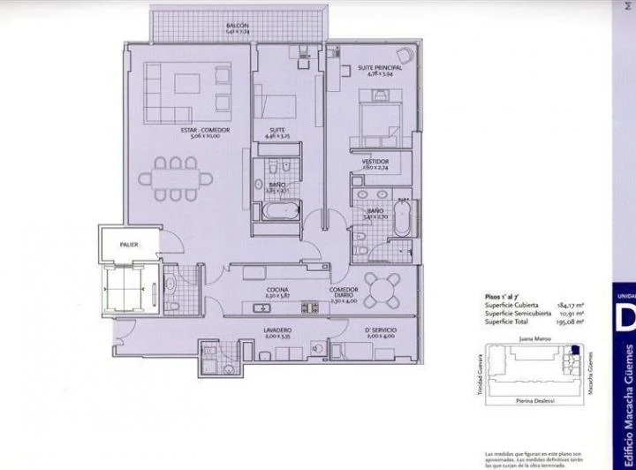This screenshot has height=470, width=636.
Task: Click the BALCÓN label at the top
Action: tap(235, 27)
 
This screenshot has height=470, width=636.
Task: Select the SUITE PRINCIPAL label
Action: tap(380, 68)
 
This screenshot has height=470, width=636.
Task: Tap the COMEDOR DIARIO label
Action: tap(344, 290)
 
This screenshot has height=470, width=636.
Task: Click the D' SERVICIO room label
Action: tap(381, 331)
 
